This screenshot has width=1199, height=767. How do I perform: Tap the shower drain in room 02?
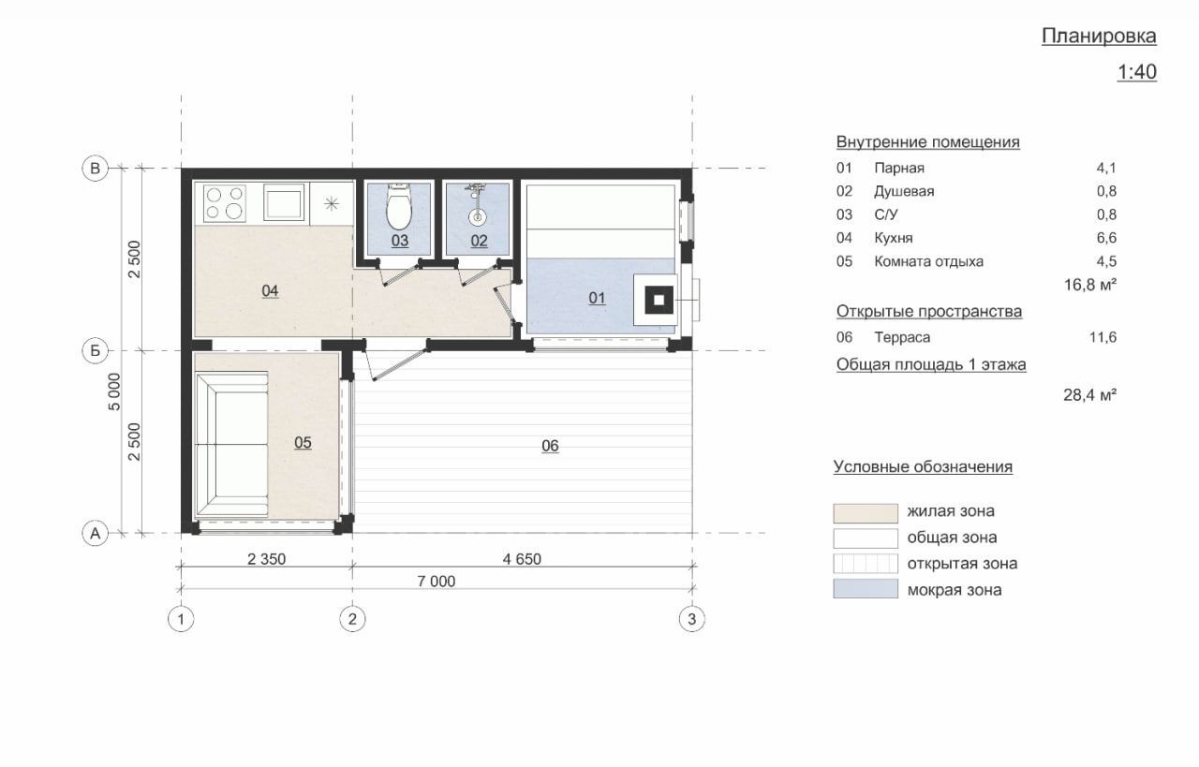coord(477,217)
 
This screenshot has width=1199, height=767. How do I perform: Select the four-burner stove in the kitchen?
coord(225,203)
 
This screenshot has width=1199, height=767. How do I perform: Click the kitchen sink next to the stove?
coord(284,202)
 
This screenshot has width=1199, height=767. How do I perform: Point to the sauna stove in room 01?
coord(659,300)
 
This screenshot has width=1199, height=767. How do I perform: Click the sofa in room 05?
coord(232,444)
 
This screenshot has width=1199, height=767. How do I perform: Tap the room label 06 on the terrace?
coord(550,446)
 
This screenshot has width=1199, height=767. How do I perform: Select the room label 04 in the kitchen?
coord(270,290)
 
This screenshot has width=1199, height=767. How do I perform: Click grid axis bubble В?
coord(95,169)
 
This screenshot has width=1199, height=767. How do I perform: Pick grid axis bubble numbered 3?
coord(691,619)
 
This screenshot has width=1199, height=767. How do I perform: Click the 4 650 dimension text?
coord(522,559)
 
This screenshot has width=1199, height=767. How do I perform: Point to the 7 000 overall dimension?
coord(437,582)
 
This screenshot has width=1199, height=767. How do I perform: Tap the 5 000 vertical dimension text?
coord(114,391)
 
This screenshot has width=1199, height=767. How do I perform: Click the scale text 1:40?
coord(1137,72)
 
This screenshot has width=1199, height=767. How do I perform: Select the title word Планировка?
coord(1099,36)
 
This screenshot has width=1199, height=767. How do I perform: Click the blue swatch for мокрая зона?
coord(866,589)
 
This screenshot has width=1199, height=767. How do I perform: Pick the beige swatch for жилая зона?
coord(866,513)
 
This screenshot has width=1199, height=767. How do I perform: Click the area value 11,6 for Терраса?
coord(1103,337)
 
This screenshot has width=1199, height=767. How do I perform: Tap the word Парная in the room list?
coord(899,168)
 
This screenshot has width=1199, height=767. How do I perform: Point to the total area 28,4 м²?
coord(1089,395)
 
